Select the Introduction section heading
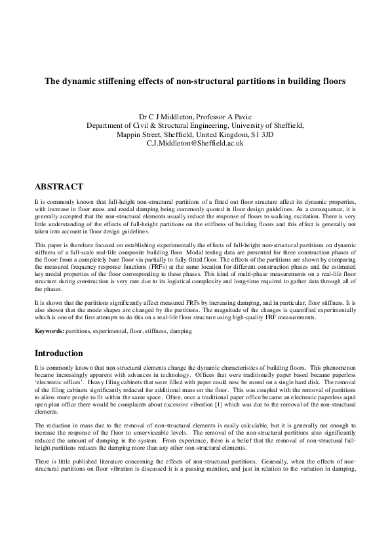click(59, 353)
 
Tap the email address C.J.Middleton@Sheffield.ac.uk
click(195, 142)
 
